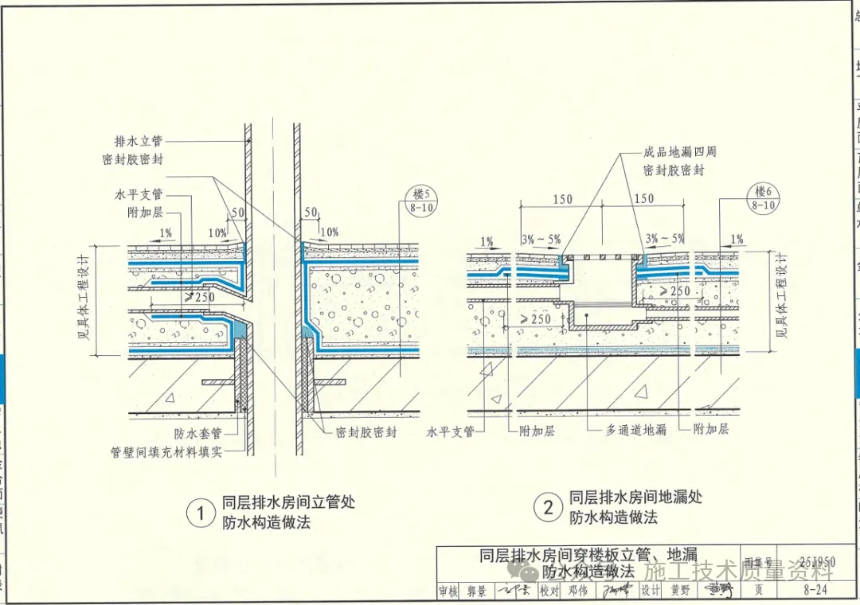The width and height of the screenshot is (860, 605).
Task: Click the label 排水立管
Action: (138, 141)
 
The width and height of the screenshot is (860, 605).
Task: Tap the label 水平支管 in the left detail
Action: (138, 193)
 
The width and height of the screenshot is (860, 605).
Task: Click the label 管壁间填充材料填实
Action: (166, 451)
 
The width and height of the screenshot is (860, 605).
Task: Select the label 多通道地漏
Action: (635, 430)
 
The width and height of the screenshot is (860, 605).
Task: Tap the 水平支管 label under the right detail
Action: (451, 431)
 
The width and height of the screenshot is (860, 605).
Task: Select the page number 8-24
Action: (814, 591)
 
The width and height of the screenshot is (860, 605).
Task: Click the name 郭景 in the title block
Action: (476, 591)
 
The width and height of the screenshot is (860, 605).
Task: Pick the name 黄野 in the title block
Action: (680, 591)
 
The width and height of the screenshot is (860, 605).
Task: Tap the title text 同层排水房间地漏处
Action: (635, 498)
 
